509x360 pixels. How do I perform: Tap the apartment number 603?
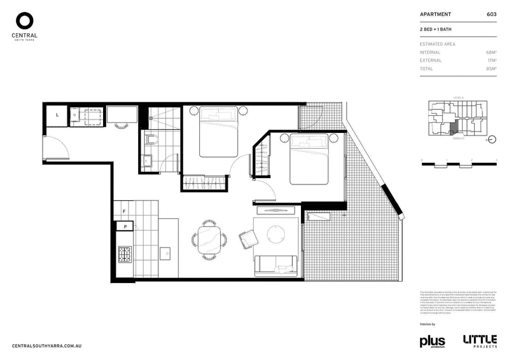coord(491,13)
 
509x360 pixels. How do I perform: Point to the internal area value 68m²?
coord(491,52)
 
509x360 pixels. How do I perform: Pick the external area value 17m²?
coord(491,60)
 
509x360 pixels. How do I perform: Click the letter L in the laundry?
coord(57,114)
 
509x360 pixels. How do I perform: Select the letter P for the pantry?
coord(125,226)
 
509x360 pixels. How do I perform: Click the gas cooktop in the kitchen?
coord(124,254)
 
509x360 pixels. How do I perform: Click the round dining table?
coord(209,240)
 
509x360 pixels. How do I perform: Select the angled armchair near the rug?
coord(248,238)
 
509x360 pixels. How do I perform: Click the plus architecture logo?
coord(431,341)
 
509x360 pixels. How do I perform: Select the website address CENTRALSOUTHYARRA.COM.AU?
coord(48,345)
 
